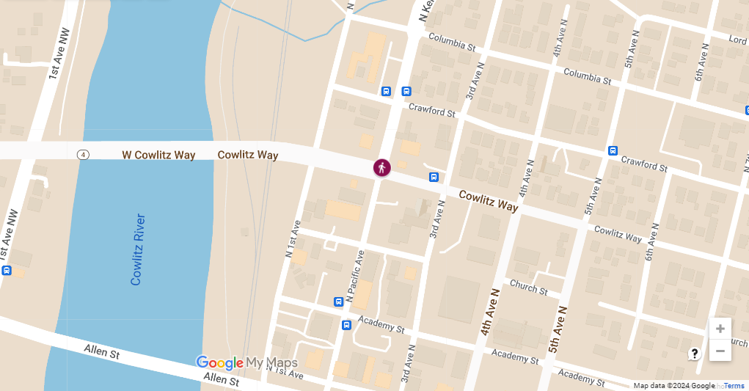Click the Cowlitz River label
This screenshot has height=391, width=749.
click(x=137, y=249)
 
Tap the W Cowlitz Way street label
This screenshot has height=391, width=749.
click(x=158, y=155)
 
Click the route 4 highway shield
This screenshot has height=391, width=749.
click(x=84, y=155)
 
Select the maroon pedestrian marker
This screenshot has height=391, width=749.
click(x=381, y=167)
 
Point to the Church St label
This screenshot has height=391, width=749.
click(x=528, y=287)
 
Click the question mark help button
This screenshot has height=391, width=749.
click(x=695, y=354)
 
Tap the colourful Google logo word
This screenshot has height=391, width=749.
click(x=219, y=362)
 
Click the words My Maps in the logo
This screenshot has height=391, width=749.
click(x=272, y=362)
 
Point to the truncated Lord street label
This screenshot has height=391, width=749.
click(x=738, y=39)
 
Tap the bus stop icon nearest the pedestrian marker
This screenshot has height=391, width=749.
click(x=434, y=177)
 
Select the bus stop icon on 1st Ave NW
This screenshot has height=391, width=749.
click(x=7, y=270)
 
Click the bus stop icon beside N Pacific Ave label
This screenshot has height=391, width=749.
click(x=338, y=302)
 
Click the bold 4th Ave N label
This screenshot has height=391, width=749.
click(x=489, y=312)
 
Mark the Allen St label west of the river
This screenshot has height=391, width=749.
click(x=101, y=351)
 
